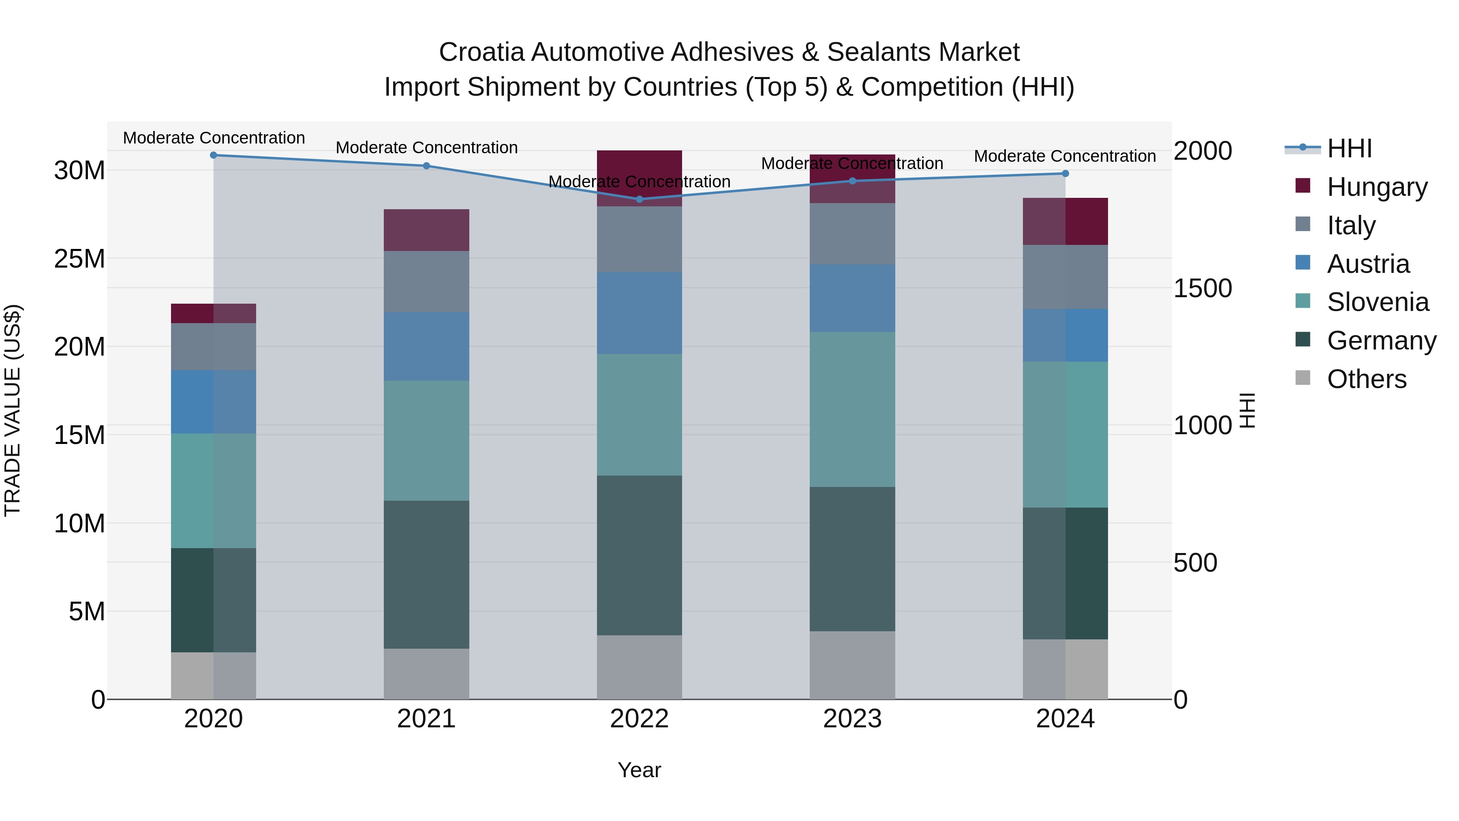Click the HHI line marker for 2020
(x=214, y=155)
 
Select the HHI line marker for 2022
(x=640, y=199)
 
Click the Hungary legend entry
(x=1376, y=187)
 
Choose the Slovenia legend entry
(x=1378, y=302)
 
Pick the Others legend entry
(x=1366, y=379)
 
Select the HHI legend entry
(x=1349, y=148)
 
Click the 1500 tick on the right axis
(x=1202, y=288)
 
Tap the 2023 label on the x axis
(x=852, y=719)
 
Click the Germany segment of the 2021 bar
(x=426, y=574)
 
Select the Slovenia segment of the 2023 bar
(x=852, y=409)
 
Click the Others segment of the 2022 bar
(x=640, y=667)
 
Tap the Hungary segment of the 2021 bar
(x=426, y=230)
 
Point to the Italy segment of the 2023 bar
(x=852, y=234)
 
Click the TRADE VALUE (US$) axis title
(x=13, y=410)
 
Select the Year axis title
(x=640, y=770)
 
